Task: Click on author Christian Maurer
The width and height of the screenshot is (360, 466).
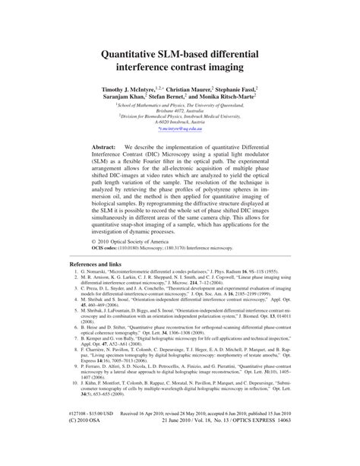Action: tap(191, 89)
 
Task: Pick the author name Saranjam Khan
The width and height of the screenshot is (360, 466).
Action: tap(134, 98)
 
